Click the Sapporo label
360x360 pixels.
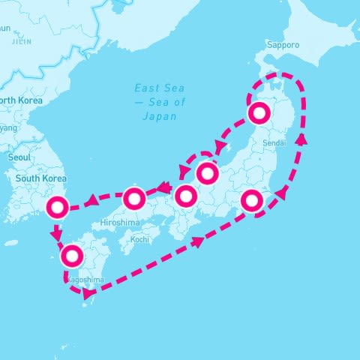click(283, 45)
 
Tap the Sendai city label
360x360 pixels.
click(274, 142)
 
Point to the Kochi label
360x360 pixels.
click(139, 239)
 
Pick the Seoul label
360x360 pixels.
click(19, 158)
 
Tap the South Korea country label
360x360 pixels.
click(40, 179)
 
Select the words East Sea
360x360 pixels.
click(159, 88)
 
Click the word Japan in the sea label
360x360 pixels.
click(158, 116)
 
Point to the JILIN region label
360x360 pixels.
click(22, 42)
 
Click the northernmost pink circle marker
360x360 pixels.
click(259, 113)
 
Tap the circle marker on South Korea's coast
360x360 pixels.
click(58, 208)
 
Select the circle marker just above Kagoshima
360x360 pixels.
click(72, 256)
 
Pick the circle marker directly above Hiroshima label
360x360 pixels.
click(133, 199)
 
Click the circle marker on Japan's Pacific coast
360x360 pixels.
click(253, 200)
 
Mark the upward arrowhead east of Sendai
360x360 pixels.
click(301, 139)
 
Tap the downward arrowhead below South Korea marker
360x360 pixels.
click(55, 235)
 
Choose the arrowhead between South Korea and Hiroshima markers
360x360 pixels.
click(91, 200)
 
